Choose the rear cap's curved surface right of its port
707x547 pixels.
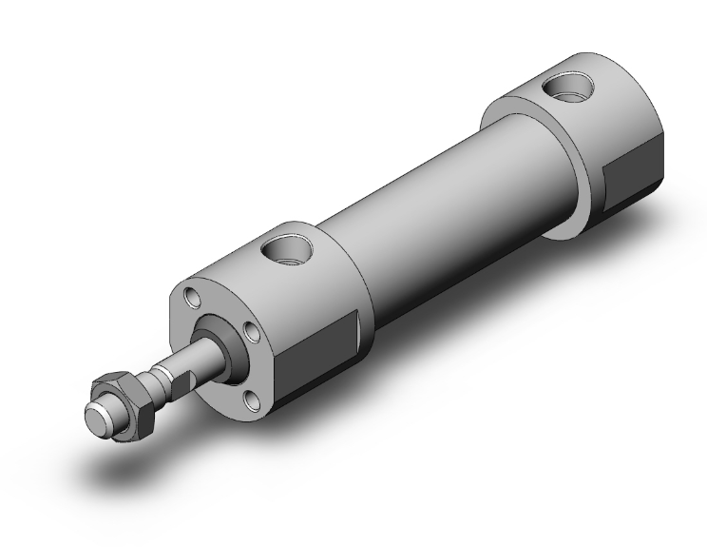pyautogui.click(x=618, y=105)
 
